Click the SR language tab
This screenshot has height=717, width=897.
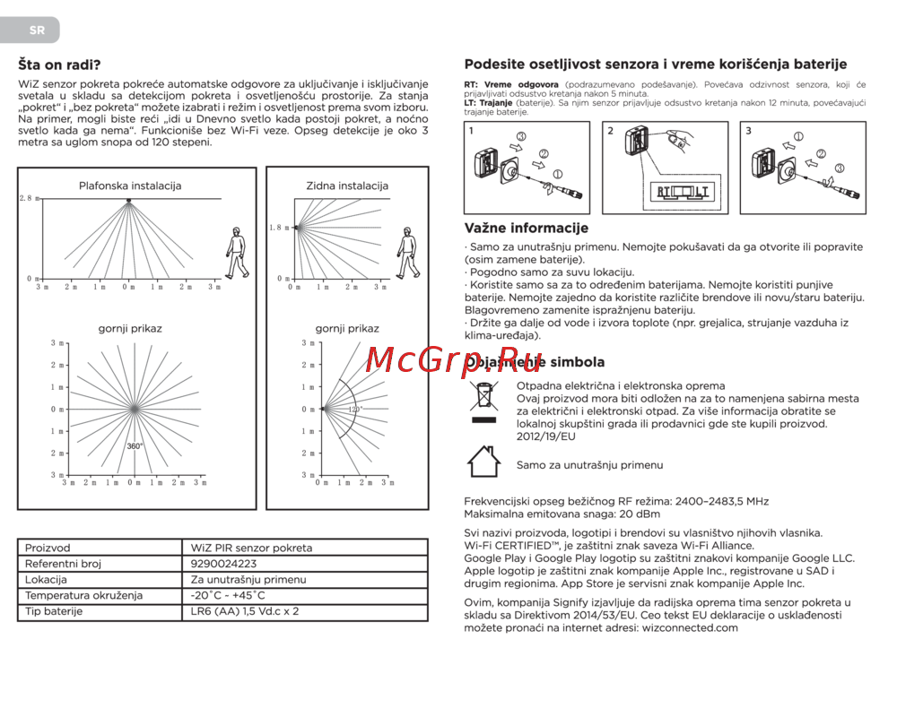(x=36, y=30)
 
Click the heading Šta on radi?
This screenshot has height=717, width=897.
(x=60, y=65)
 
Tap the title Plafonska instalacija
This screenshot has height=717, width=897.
(x=130, y=186)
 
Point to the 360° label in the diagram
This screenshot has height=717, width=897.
(x=135, y=445)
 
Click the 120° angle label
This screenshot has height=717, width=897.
(x=355, y=409)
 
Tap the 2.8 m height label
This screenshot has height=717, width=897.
(x=29, y=197)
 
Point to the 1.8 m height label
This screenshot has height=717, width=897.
(x=280, y=228)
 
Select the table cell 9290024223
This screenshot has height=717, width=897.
(x=223, y=564)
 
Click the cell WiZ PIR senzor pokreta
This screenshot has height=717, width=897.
(x=251, y=548)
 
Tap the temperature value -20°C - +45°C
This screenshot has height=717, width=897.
(x=228, y=595)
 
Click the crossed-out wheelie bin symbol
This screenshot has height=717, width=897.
(x=484, y=401)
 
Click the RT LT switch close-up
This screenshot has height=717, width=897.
(x=683, y=191)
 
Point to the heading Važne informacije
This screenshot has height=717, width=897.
(x=526, y=229)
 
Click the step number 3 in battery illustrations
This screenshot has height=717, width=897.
(x=749, y=131)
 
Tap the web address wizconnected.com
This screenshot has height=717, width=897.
(x=690, y=627)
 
